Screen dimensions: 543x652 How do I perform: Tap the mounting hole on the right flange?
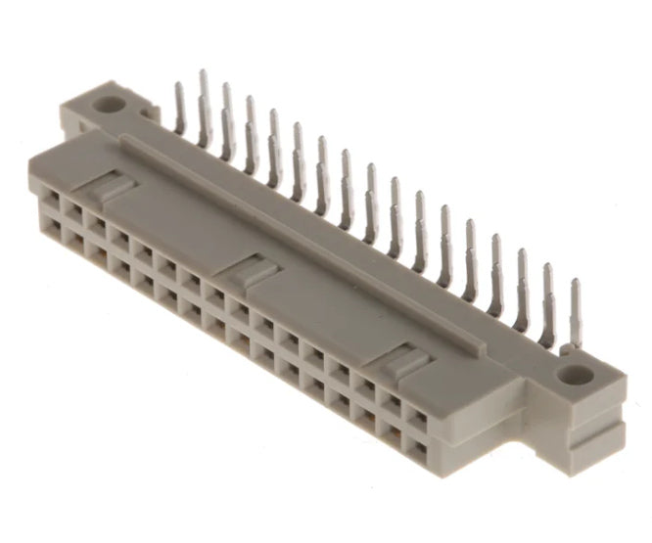click(578, 374)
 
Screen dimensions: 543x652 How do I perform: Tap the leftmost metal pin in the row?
click(180, 108)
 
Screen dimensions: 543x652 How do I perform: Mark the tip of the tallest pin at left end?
click(203, 72)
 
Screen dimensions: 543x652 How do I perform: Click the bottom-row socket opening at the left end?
click(48, 230)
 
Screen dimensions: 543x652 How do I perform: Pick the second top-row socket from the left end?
click(71, 214)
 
